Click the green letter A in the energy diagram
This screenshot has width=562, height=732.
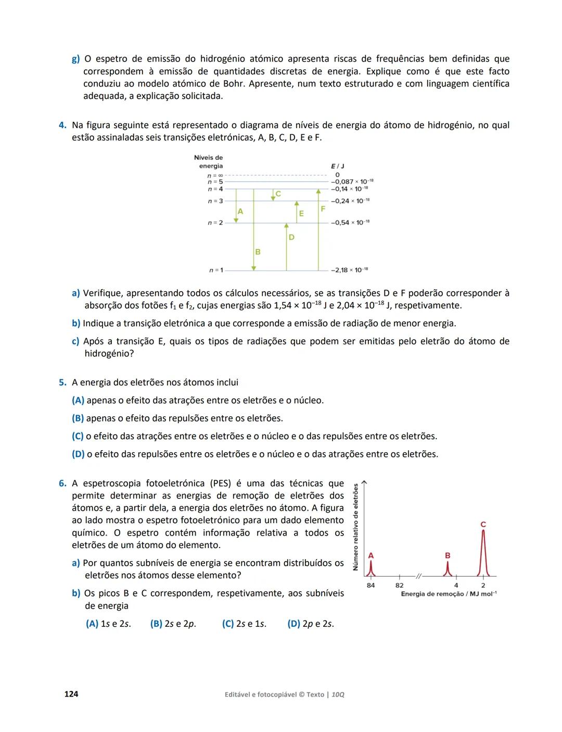pyautogui.click(x=240, y=212)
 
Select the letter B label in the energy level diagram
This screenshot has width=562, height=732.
pyautogui.click(x=258, y=252)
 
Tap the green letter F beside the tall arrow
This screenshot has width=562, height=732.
pyautogui.click(x=323, y=209)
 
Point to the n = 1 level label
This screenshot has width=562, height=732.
pyautogui.click(x=216, y=270)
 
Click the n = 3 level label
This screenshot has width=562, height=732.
pyautogui.click(x=215, y=201)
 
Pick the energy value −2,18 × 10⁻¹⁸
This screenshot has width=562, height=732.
pyautogui.click(x=350, y=270)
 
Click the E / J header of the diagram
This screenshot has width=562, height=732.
pyautogui.click(x=338, y=166)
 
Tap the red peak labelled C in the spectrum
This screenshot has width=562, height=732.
pyautogui.click(x=483, y=552)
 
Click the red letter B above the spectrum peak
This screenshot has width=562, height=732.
pyautogui.click(x=448, y=555)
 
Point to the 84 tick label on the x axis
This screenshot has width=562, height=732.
pyautogui.click(x=371, y=585)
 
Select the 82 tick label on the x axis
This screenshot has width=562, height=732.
pyautogui.click(x=400, y=585)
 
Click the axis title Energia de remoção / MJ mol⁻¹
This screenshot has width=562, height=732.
pyautogui.click(x=449, y=594)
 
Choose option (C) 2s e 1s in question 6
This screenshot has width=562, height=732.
pyautogui.click(x=244, y=624)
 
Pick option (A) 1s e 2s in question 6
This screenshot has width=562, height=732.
pyautogui.click(x=108, y=624)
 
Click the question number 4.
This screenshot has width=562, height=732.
pyautogui.click(x=62, y=126)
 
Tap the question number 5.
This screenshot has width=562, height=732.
pyautogui.click(x=62, y=383)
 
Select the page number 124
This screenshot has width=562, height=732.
pyautogui.click(x=71, y=694)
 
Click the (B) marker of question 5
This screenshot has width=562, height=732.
pyautogui.click(x=78, y=418)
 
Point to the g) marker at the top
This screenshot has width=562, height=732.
pyautogui.click(x=76, y=59)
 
